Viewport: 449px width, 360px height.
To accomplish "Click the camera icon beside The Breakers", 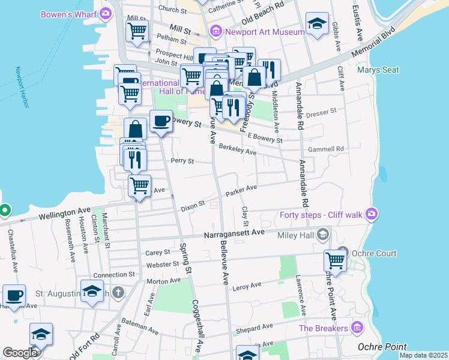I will (358, 328).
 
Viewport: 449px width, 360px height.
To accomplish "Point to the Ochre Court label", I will (374, 253).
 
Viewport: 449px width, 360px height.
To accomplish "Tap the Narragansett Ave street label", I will (234, 233).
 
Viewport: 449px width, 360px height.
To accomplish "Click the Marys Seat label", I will (378, 70).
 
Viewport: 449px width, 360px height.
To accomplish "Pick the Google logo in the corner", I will (20, 353).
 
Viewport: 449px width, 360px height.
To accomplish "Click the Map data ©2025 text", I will (423, 355).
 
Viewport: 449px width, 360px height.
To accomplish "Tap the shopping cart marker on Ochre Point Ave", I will (335, 260).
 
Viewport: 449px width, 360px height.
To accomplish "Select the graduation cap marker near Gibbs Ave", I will (317, 23).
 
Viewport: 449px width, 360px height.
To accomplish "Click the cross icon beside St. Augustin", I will (119, 293).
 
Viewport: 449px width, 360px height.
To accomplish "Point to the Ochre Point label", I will (382, 347).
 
